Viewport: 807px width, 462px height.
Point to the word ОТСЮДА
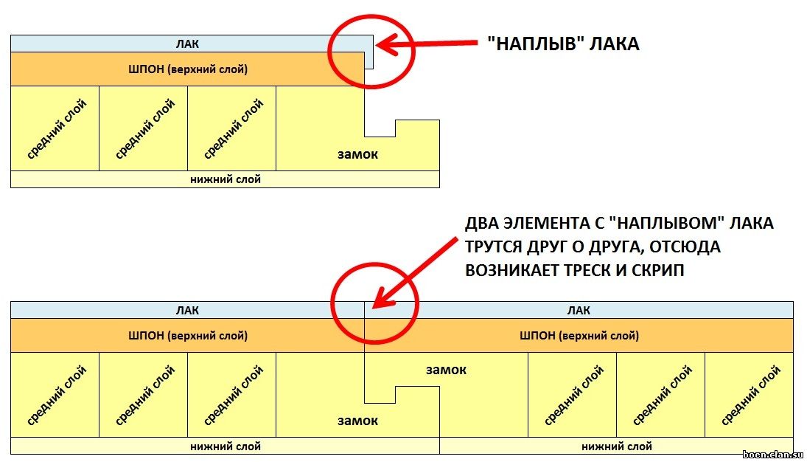coord(685,247)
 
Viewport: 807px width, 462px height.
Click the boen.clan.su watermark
coord(774,455)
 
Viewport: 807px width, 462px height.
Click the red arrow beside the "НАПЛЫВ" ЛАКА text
coord(427,44)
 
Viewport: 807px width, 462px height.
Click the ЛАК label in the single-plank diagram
coord(187,44)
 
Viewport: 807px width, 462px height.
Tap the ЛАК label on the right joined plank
coord(579,311)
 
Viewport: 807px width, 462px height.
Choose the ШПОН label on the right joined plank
coord(579,336)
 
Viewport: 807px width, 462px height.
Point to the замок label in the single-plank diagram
coord(357,154)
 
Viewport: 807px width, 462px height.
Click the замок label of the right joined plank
coord(446,370)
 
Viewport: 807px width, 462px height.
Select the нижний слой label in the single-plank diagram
coord(226,179)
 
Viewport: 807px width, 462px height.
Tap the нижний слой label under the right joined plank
coord(617,447)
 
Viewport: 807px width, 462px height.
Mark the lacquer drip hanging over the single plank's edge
coord(369,59)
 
